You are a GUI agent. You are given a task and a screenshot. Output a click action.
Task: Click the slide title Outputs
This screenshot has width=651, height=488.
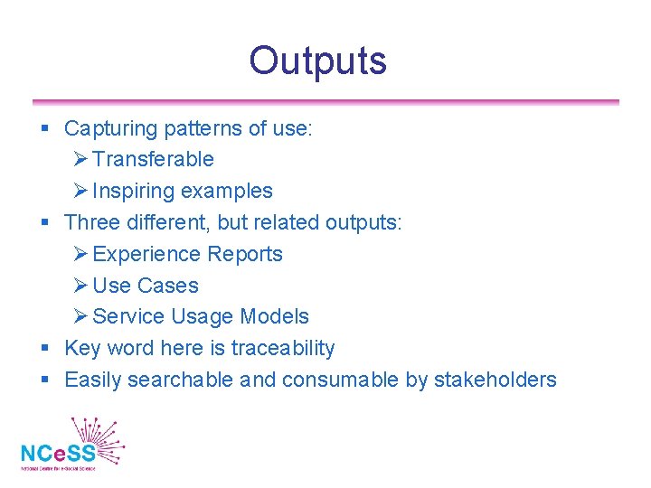coord(317,61)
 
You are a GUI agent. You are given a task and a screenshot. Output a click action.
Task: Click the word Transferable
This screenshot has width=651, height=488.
coord(153,159)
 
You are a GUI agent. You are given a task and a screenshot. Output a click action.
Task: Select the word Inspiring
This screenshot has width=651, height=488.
coord(133,191)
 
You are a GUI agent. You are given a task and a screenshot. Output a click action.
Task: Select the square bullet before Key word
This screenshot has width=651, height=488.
coord(45,349)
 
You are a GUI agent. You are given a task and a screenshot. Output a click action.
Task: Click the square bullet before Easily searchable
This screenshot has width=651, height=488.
coord(45,380)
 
